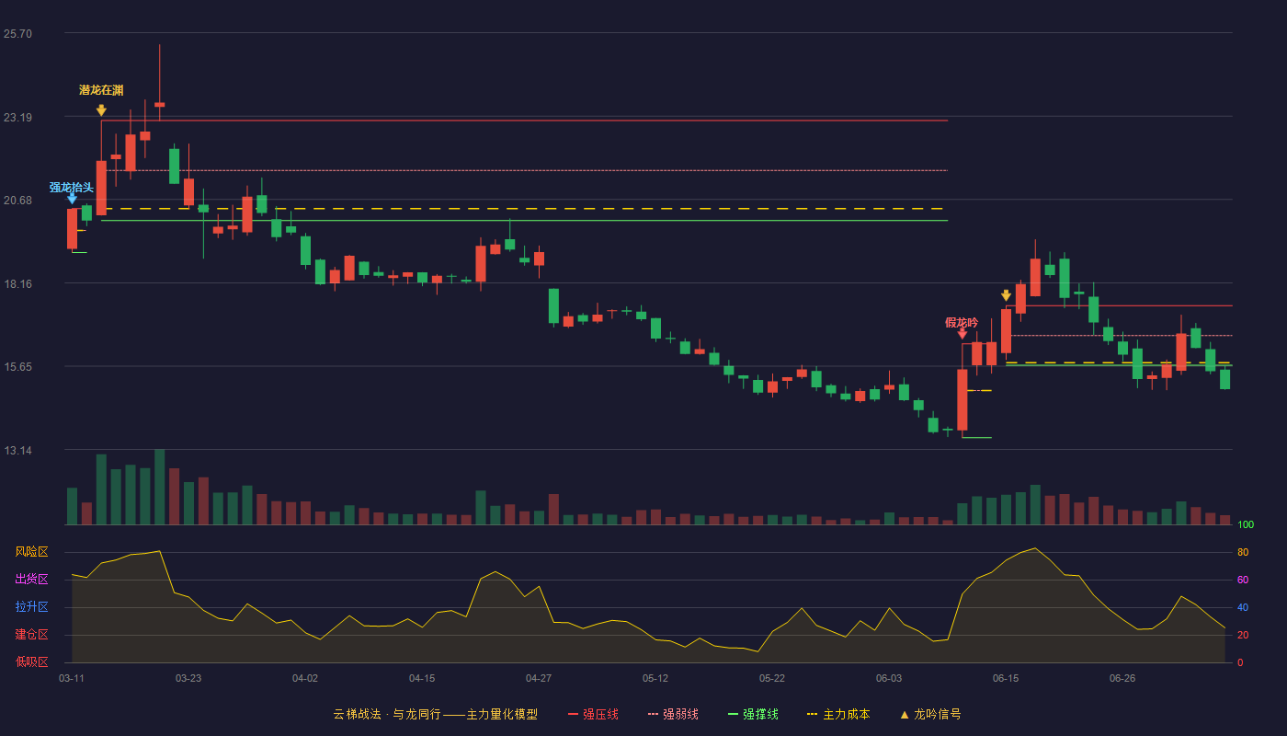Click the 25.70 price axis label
[17, 34]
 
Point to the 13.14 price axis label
[17, 450]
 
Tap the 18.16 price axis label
[17, 284]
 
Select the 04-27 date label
[539, 679]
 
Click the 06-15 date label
[1006, 679]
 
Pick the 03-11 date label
[72, 679]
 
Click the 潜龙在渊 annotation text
[101, 90]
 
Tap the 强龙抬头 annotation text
[72, 188]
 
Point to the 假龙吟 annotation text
[962, 323]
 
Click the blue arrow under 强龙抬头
[72, 199]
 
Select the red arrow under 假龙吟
[962, 333]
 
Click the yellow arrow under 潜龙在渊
[101, 109]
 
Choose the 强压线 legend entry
[593, 714]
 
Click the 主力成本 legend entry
[838, 714]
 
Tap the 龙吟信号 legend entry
[930, 714]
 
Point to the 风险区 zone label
[31, 552]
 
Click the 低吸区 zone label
[31, 662]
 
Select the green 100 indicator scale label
[1246, 524]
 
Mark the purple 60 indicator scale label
[1243, 580]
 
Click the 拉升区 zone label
[31, 607]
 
